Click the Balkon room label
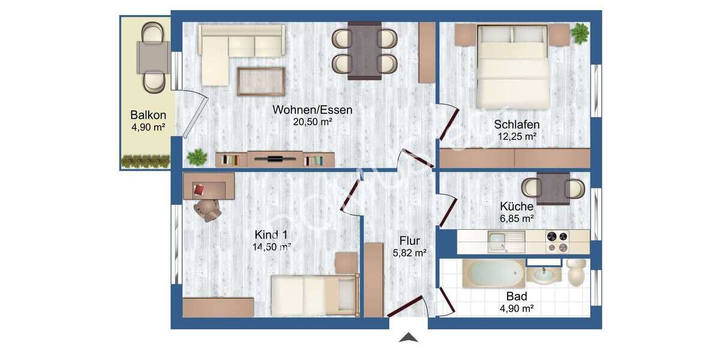(x=148, y=115)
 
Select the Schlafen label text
(x=517, y=125)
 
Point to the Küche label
(x=517, y=206)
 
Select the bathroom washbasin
(x=544, y=276)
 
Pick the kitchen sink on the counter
(x=505, y=242)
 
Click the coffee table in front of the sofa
(x=261, y=82)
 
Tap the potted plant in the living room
(x=196, y=158)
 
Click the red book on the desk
(x=199, y=190)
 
